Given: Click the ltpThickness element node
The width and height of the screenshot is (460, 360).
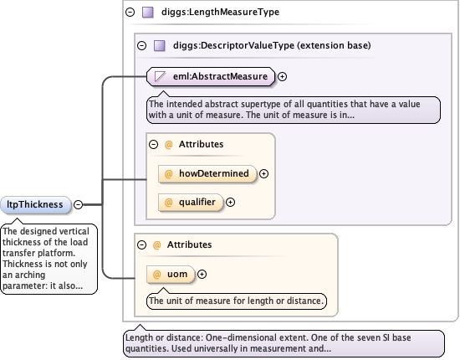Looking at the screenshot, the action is click(x=36, y=204).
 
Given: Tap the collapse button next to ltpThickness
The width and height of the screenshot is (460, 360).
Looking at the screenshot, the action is click(x=78, y=204).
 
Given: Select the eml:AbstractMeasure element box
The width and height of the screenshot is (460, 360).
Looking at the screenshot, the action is click(x=211, y=77).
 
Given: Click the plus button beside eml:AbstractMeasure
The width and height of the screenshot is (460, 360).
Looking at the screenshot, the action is click(x=282, y=77).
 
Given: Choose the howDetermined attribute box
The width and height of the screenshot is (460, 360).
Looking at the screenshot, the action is click(x=207, y=174).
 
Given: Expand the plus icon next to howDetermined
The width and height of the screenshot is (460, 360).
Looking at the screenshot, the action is click(x=263, y=174).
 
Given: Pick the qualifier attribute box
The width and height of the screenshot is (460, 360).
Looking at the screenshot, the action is click(x=191, y=203).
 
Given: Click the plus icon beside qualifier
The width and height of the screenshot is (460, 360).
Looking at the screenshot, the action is click(x=230, y=203).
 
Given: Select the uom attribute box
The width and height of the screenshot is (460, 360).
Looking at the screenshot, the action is click(x=171, y=275).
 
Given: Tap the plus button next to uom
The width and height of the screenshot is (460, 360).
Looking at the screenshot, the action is click(x=202, y=275).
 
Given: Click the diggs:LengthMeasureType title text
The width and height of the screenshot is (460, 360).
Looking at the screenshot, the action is click(x=220, y=12).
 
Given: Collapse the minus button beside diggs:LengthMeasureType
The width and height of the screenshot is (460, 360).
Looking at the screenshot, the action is click(x=130, y=12).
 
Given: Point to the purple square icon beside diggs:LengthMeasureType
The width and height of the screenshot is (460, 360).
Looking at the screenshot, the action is click(x=148, y=13).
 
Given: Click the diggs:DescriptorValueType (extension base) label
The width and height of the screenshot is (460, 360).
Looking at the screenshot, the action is click(x=272, y=45).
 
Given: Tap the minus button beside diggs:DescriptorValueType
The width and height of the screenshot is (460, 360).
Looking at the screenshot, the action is click(x=141, y=45).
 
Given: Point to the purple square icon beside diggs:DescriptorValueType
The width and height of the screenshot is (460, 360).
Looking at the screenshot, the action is click(x=160, y=46).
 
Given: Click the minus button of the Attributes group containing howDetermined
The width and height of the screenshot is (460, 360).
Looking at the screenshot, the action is click(x=153, y=145).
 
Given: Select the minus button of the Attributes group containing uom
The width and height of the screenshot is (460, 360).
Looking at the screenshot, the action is click(x=141, y=245).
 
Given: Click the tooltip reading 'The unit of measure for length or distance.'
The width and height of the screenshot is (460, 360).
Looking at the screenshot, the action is click(x=237, y=301).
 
